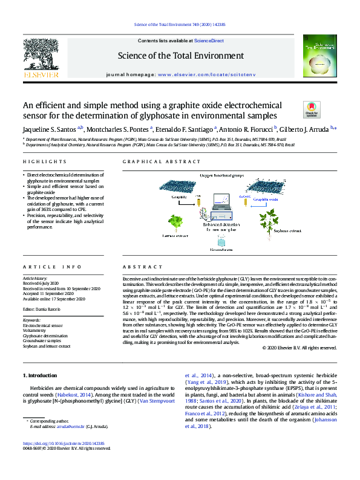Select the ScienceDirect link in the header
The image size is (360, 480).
click(209, 40)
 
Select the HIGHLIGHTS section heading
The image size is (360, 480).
click(45, 162)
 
